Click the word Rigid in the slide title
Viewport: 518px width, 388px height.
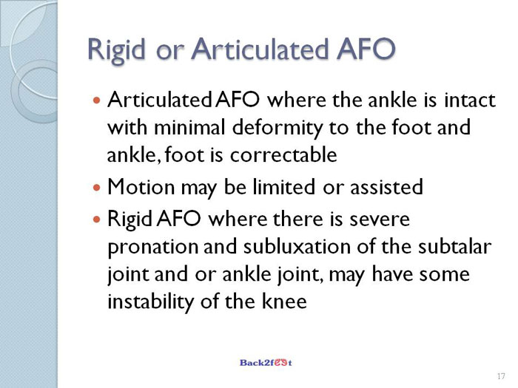(x=117, y=50)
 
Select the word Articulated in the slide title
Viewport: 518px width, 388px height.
(x=260, y=49)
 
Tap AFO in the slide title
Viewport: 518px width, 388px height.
(x=366, y=49)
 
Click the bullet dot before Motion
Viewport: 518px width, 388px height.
(x=96, y=188)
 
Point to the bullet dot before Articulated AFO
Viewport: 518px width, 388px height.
(x=96, y=99)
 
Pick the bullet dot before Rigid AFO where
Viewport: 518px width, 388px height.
(x=96, y=219)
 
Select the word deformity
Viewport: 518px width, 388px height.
(x=277, y=128)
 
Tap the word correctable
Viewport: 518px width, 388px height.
(x=283, y=154)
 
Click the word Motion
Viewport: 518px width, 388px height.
(x=141, y=187)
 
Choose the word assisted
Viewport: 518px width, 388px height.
(x=386, y=187)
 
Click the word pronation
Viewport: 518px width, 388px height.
(x=152, y=248)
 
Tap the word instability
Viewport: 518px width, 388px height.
(x=151, y=302)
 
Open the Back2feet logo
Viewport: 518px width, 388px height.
(x=266, y=363)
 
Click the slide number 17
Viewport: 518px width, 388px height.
(x=501, y=376)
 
